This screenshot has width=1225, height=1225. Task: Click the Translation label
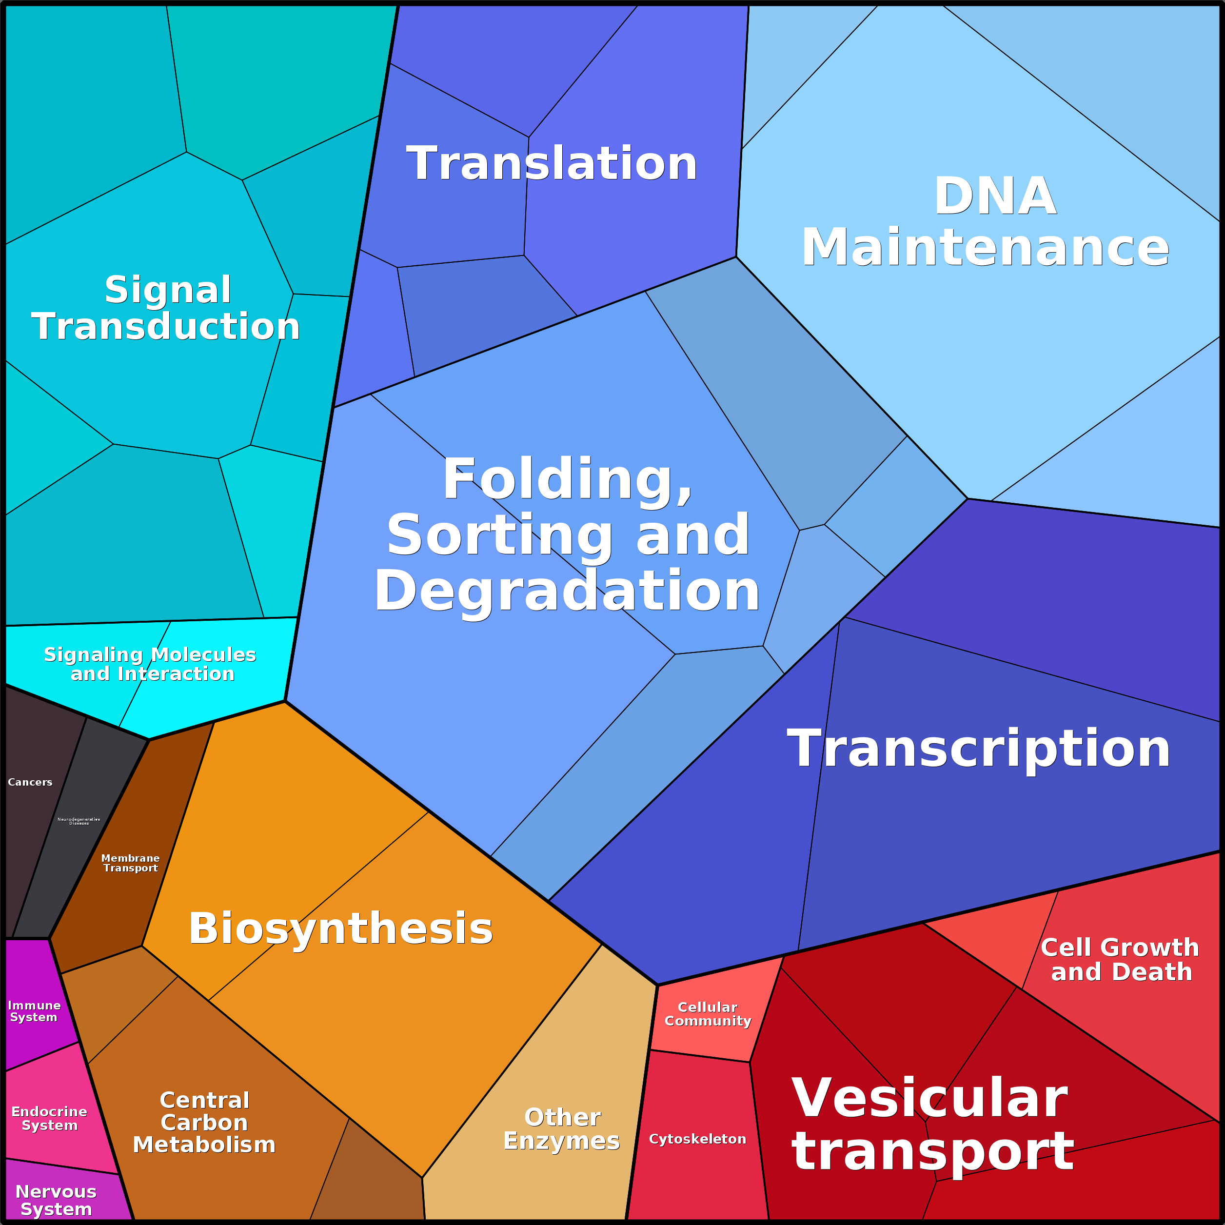552,163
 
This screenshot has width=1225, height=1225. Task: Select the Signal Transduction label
166,308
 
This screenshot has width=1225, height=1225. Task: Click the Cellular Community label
708,1014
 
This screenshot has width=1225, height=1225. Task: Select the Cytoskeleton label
697,1139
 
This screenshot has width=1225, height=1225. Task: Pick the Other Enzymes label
562,1128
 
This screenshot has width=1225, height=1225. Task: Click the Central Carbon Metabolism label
204,1122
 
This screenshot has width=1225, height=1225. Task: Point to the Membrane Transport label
131,863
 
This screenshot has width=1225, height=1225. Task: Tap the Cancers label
30,782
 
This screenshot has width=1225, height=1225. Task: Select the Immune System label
34,1011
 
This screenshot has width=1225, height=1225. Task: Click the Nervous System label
56,1200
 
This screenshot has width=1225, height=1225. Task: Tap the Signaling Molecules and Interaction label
150,664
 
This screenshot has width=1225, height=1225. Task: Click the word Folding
567,480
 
